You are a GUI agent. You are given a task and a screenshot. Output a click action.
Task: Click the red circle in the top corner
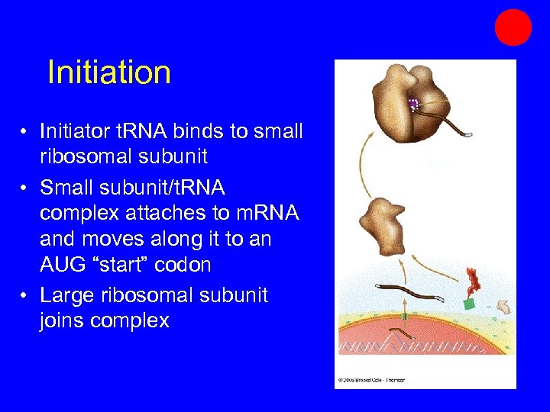[513, 27]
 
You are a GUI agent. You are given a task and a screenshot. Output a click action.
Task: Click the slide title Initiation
[108, 72]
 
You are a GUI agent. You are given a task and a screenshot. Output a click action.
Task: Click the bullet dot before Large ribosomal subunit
[26, 295]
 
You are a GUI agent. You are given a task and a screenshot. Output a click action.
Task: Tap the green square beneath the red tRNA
[467, 303]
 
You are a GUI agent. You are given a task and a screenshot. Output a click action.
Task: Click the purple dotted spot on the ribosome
[413, 105]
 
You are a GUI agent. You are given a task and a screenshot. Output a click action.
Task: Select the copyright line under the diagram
[371, 379]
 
